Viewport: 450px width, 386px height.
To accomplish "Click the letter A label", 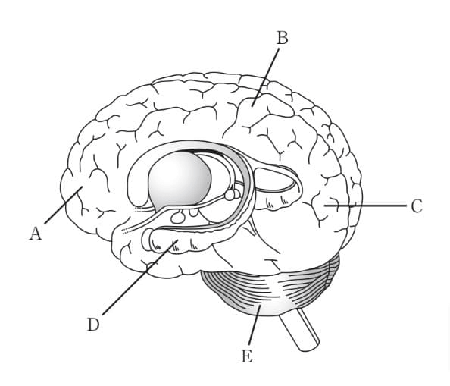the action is click(x=36, y=234).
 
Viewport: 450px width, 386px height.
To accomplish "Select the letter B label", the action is click(x=283, y=38).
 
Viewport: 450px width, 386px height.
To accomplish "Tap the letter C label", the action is click(x=417, y=206).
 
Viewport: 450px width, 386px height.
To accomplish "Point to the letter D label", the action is click(x=93, y=325).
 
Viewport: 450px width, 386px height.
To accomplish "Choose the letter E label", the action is click(x=247, y=356).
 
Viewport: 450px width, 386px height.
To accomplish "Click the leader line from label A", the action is click(x=64, y=205).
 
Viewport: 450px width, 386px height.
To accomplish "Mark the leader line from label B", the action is click(x=265, y=77).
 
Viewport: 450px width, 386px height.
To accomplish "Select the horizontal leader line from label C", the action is click(x=365, y=206).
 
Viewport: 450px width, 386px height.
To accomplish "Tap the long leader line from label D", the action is click(x=140, y=277).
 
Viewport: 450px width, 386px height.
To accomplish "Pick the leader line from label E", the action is click(x=255, y=325).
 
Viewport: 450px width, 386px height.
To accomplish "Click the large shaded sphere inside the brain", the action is click(x=180, y=178).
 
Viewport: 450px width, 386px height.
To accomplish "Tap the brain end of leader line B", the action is click(x=252, y=106).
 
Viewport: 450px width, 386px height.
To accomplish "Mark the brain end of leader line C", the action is click(x=325, y=206).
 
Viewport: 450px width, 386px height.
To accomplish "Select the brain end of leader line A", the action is click(x=83, y=187).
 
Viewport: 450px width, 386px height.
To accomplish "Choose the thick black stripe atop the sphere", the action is click(x=201, y=151).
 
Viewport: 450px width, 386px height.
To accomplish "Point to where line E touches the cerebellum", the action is click(x=259, y=306).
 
